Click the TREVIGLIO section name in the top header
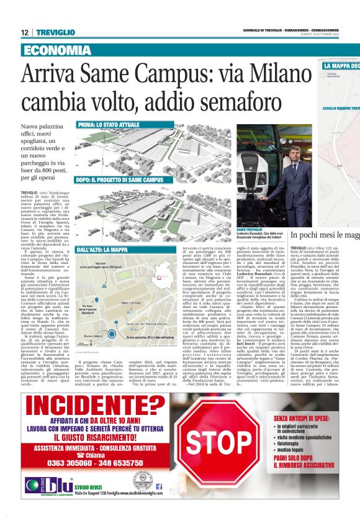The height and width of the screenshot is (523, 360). [55, 32]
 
